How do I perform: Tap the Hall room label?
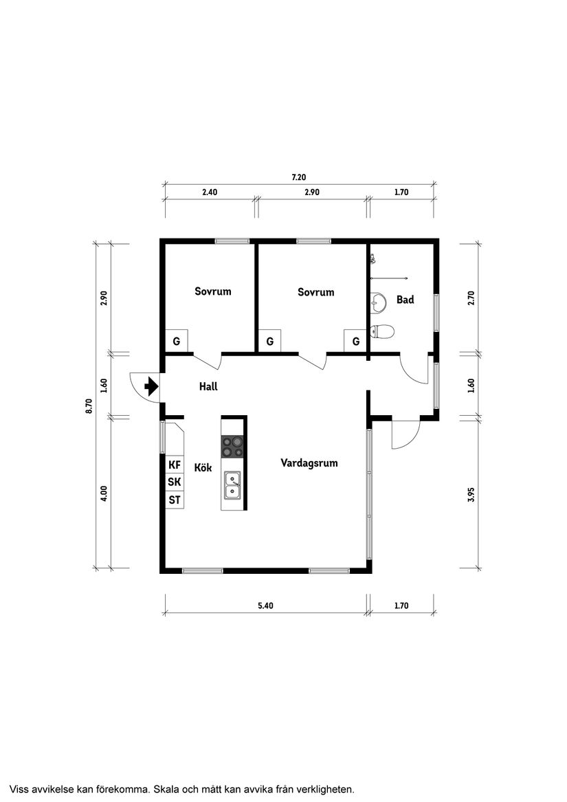click(208, 387)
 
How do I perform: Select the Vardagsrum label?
click(309, 463)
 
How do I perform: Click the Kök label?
click(203, 468)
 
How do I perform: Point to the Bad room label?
click(405, 300)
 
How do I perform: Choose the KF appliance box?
click(175, 465)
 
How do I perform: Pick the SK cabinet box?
click(175, 482)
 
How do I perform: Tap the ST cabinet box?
click(175, 500)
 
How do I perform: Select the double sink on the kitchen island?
click(233, 484)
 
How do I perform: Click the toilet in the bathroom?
click(383, 332)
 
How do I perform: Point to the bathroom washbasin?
click(377, 300)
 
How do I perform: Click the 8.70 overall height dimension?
click(89, 405)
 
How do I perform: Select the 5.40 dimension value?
click(266, 605)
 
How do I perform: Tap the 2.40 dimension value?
click(210, 192)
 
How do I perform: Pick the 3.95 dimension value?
click(471, 494)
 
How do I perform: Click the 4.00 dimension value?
click(104, 494)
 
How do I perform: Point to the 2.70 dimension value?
click(471, 298)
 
